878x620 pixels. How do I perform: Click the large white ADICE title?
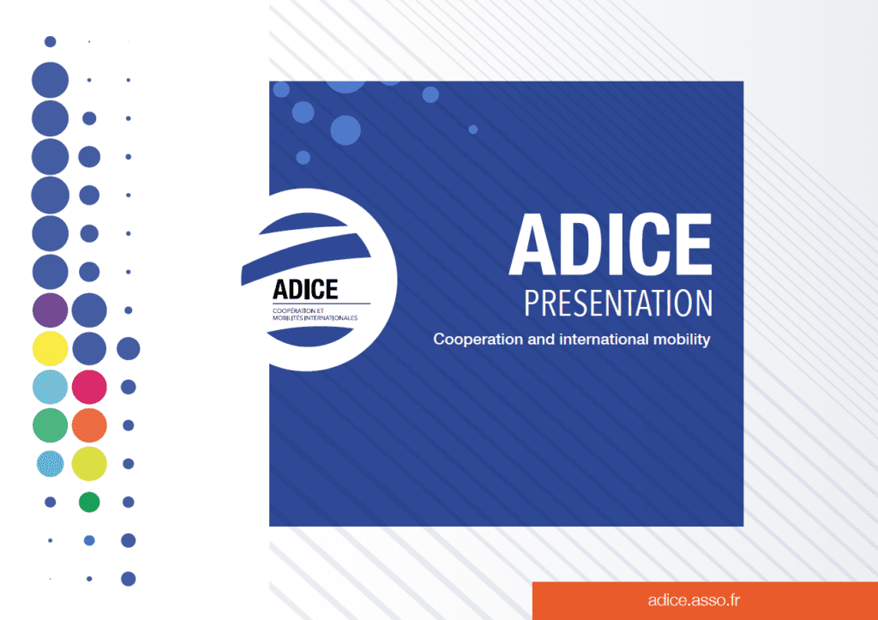coord(610,244)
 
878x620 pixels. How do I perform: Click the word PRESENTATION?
coord(618,303)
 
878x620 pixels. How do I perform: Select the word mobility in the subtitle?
coord(683,340)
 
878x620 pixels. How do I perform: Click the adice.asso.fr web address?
coord(694,600)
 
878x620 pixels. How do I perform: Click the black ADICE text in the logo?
coord(305,290)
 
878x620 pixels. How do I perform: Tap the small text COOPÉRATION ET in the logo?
coord(298,310)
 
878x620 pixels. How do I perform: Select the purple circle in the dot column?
coord(51,310)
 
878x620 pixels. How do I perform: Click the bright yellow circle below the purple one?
coord(51,348)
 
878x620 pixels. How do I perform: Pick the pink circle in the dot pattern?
coord(89,387)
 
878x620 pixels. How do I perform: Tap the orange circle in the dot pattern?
coord(89,425)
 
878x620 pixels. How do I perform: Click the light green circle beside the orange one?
coord(51,425)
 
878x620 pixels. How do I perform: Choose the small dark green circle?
coord(89,502)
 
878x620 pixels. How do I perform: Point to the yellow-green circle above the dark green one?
coord(89,463)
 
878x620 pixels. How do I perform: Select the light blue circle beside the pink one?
coord(51,387)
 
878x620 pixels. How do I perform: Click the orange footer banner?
coord(705,600)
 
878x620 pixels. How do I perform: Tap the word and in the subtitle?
coord(541,339)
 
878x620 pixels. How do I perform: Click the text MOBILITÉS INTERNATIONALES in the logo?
coord(315,318)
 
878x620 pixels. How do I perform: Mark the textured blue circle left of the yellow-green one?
coord(51,464)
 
